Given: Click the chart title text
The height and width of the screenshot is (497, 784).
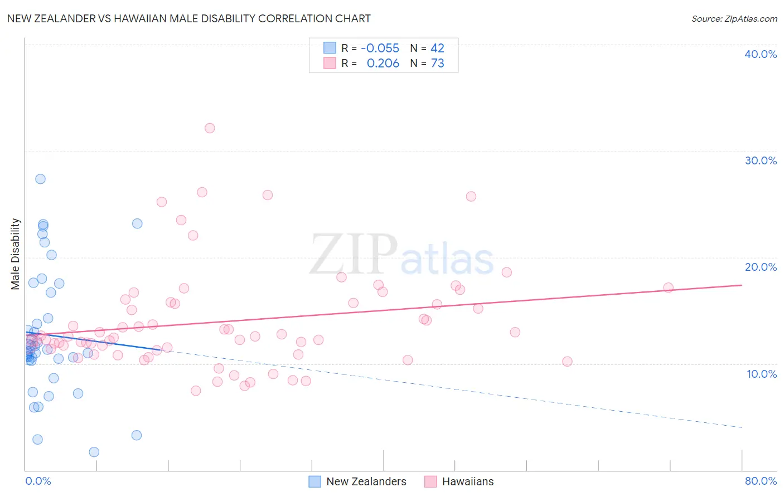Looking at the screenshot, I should (x=188, y=18).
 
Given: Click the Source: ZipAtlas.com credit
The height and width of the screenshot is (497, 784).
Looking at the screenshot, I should (x=734, y=19).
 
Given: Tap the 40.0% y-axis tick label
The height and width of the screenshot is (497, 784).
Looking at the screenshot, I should (x=760, y=54).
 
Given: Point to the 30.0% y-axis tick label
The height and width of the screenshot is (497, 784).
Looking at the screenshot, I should (x=760, y=160).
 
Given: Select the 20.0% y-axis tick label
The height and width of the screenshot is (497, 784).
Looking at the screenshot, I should (x=760, y=267).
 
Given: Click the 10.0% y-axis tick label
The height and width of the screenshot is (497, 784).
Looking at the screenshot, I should (x=761, y=374).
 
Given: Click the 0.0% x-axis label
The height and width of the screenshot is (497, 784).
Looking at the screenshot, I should (x=38, y=481).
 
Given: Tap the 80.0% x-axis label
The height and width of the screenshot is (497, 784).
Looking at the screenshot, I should (x=761, y=481).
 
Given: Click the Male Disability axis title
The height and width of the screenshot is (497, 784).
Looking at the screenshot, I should (x=16, y=254).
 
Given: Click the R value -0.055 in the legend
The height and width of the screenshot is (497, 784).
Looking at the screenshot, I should (x=380, y=48).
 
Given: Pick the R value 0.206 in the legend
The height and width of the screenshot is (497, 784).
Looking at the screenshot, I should (x=383, y=64).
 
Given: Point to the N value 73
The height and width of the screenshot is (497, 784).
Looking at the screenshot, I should (x=437, y=64).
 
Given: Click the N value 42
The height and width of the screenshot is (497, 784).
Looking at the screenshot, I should (x=437, y=48).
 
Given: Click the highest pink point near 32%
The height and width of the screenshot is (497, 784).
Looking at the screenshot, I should (x=210, y=128).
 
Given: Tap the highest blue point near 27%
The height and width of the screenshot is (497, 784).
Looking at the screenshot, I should (x=40, y=179).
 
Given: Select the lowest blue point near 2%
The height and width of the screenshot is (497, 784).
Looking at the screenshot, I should (x=94, y=452).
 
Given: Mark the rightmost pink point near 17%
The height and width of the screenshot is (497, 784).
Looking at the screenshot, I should (x=668, y=288).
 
